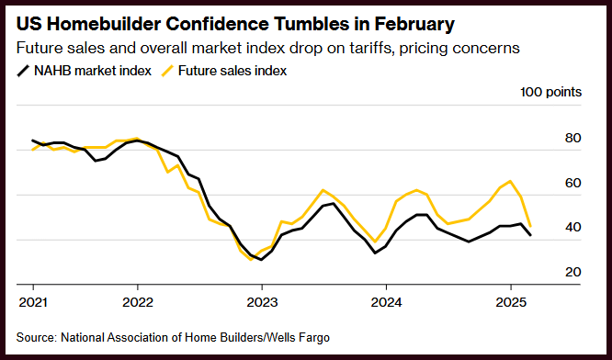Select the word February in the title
pyautogui.click(x=414, y=24)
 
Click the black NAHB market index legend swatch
pyautogui.click(x=23, y=71)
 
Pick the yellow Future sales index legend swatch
pyautogui.click(x=167, y=71)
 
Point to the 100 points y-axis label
pyautogui.click(x=550, y=92)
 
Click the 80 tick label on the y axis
pyautogui.click(x=572, y=138)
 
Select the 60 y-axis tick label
pyautogui.click(x=572, y=183)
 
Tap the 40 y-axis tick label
pyautogui.click(x=572, y=227)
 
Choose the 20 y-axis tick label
pyautogui.click(x=572, y=272)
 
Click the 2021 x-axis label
pyautogui.click(x=33, y=302)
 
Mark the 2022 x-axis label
pyautogui.click(x=138, y=302)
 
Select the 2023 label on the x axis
pyautogui.click(x=262, y=302)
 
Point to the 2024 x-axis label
pyautogui.click(x=386, y=302)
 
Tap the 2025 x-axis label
pyautogui.click(x=511, y=302)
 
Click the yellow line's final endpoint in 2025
pyautogui.click(x=530, y=226)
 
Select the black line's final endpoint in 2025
pyautogui.click(x=530, y=235)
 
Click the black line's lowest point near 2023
pyautogui.click(x=261, y=260)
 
